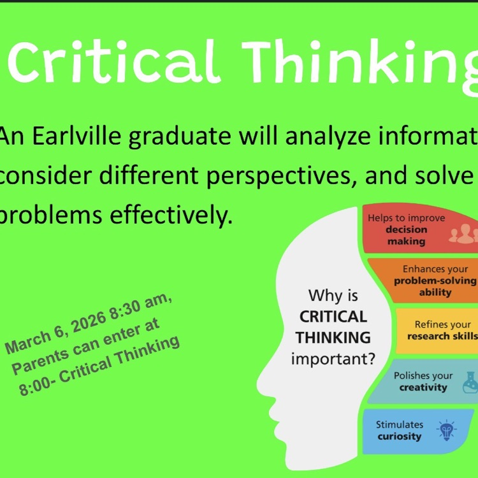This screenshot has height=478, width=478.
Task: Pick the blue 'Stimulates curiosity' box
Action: (414, 431)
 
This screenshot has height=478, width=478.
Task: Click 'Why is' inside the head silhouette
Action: (333, 295)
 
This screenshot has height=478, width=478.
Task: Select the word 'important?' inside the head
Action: (333, 359)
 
